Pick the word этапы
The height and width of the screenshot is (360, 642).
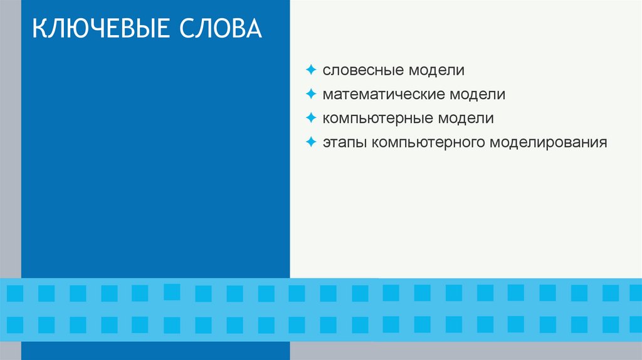click(345, 142)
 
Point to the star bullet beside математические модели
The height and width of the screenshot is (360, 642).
click(311, 93)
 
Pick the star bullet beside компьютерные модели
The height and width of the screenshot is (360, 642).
click(311, 117)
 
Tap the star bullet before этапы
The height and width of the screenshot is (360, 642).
click(311, 142)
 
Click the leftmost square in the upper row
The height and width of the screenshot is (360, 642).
click(15, 293)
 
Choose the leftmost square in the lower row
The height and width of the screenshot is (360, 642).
click(15, 324)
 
